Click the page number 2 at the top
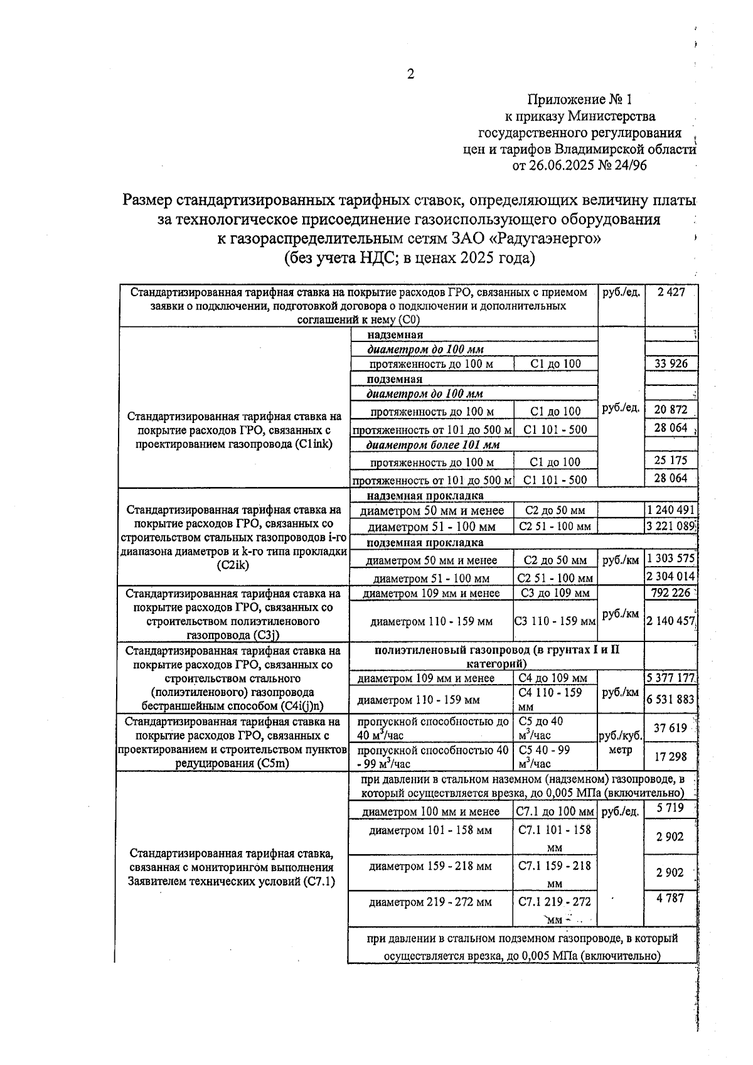411,75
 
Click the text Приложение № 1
580,99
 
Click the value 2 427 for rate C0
671,292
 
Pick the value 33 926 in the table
671,363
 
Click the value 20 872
671,410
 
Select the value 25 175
671,460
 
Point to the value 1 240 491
671,510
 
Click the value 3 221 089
671,526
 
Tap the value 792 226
671,592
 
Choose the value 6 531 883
671,699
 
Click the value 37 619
671,728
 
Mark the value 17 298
671,757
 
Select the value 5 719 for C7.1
670,808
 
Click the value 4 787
670,898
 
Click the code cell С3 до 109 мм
555,593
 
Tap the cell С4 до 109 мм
553,678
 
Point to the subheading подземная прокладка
425,542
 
